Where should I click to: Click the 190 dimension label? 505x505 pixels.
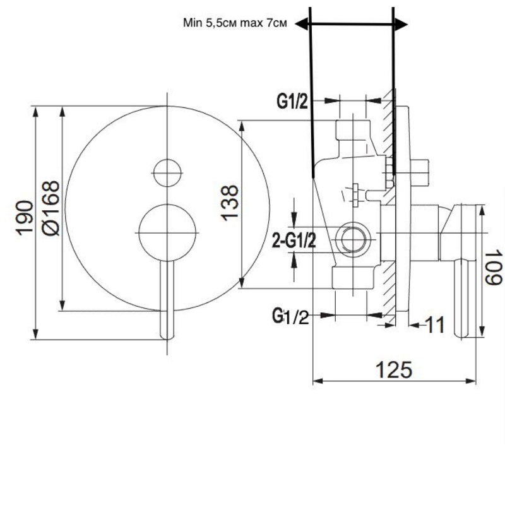click(25, 218)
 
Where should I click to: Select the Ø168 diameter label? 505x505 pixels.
click(51, 208)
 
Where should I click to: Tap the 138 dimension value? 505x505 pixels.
click(230, 203)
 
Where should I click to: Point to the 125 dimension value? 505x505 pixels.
click(394, 369)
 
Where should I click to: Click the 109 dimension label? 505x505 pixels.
click(494, 267)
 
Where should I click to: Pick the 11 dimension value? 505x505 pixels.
click(436, 324)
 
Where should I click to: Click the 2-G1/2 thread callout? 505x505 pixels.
click(294, 241)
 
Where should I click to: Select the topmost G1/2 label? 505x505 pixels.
click(292, 102)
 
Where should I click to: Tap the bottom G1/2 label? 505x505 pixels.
click(290, 316)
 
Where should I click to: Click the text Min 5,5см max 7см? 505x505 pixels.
click(235, 23)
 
